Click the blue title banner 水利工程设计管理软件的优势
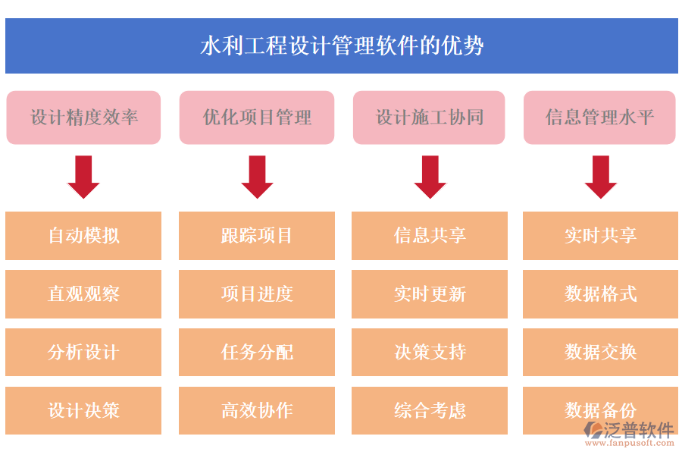coord(341,46)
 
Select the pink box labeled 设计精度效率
coord(83,118)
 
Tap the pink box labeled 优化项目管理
coord(257,118)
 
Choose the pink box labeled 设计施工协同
coord(430,118)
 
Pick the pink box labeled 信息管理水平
coord(599,118)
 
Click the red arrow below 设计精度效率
coord(83,177)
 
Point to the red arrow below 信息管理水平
coord(600,177)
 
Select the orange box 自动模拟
coord(83,236)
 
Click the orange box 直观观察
coord(83,294)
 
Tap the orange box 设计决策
coord(83,411)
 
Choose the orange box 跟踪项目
coord(257,236)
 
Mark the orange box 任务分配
coord(257,353)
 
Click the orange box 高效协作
coord(257,411)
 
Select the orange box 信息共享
coord(430,236)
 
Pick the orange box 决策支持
coord(430,353)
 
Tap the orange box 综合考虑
coord(430,411)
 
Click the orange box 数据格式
coord(600,294)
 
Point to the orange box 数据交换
coord(600,353)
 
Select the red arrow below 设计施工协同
coord(430,177)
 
